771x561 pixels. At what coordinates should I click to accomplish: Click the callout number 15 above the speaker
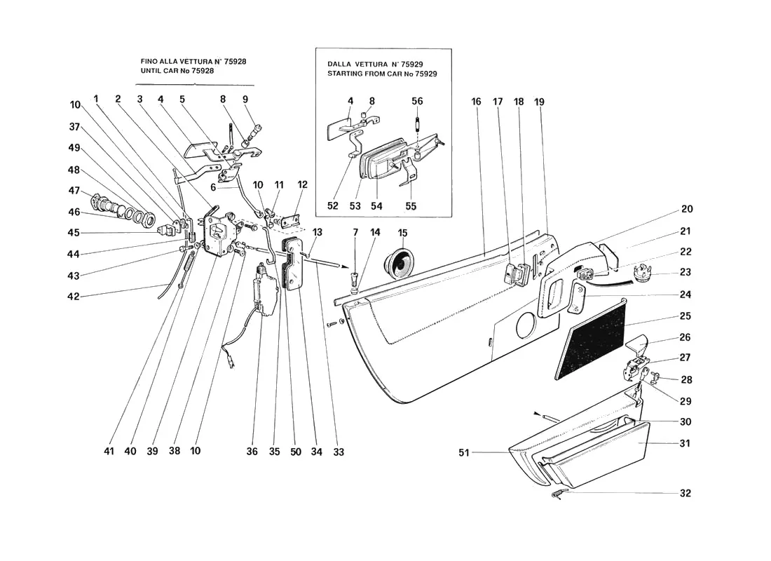click(x=403, y=233)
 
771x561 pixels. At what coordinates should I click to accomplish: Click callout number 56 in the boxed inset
click(x=417, y=101)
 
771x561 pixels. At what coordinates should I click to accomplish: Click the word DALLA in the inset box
click(x=339, y=64)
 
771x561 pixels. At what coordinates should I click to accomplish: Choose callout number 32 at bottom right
click(x=685, y=493)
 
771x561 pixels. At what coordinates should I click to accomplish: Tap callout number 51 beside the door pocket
click(x=464, y=452)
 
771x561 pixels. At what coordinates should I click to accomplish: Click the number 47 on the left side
click(x=74, y=191)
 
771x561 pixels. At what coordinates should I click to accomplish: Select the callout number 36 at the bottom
click(x=252, y=452)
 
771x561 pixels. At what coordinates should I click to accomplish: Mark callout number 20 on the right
click(x=687, y=209)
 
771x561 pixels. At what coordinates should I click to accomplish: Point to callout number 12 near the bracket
click(x=302, y=184)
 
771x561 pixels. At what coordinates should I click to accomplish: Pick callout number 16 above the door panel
click(x=476, y=102)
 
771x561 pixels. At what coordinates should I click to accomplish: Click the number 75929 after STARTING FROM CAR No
click(x=426, y=74)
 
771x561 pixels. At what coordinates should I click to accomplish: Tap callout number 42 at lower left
click(x=74, y=297)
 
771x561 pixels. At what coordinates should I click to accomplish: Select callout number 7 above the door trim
click(x=355, y=232)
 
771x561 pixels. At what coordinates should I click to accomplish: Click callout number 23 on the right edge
click(x=685, y=272)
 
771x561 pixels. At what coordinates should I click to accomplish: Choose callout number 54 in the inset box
click(x=376, y=205)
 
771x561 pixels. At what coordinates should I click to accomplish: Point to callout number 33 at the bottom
click(x=339, y=452)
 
